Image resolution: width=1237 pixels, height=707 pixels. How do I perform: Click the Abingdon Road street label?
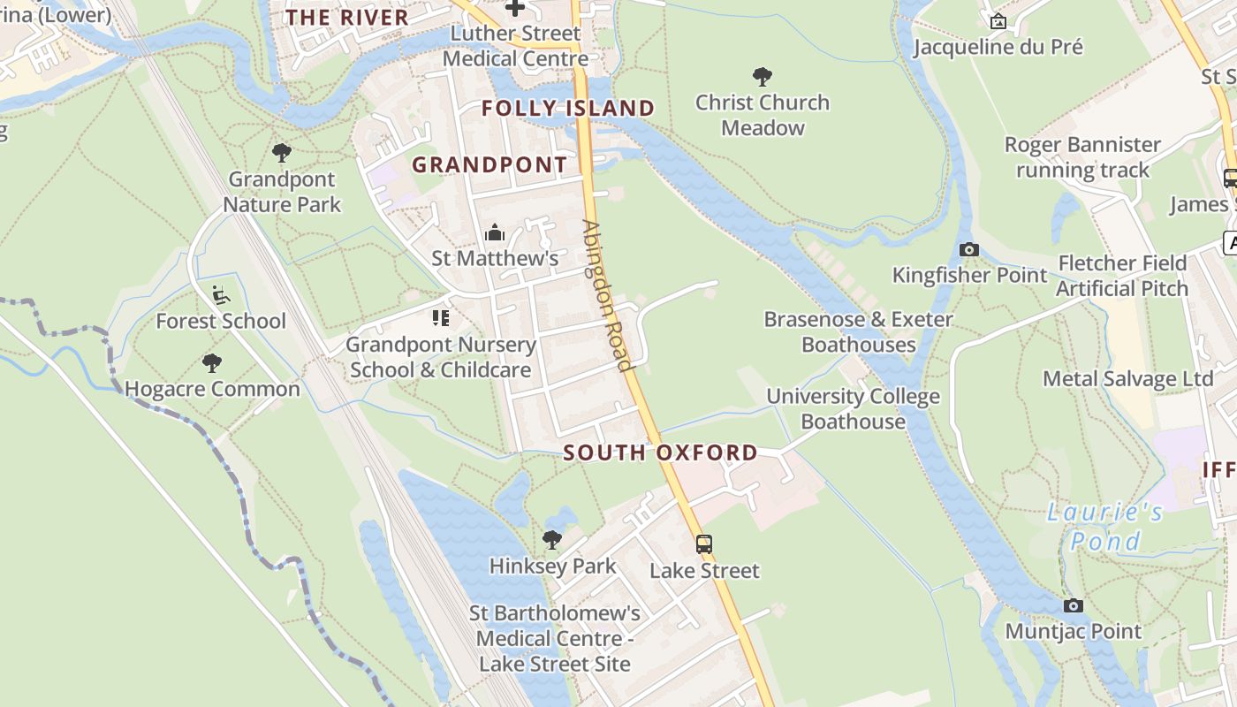608,295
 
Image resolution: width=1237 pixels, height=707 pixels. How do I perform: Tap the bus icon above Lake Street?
703,544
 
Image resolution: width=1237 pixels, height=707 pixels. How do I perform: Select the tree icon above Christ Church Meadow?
762,77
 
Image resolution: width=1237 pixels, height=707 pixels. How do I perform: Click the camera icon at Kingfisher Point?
969,249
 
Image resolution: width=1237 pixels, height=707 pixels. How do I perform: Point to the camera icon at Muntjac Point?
1074,605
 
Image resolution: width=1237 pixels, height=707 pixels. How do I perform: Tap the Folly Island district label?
568,109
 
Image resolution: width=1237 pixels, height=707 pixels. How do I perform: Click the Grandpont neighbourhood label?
489,165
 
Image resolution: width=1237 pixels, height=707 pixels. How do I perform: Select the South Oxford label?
661,452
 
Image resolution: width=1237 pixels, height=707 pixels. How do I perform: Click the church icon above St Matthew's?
495,232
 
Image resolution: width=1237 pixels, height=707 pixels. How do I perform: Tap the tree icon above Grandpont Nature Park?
282,153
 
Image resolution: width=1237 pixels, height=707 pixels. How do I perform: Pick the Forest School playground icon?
221,295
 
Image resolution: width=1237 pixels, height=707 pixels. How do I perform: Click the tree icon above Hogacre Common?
212,362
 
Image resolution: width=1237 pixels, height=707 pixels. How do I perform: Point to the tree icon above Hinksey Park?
552,539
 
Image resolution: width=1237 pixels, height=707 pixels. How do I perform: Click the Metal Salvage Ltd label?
1128,379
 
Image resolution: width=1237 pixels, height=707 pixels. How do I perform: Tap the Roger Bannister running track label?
1082,157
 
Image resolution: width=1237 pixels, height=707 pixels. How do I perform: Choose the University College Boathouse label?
853,409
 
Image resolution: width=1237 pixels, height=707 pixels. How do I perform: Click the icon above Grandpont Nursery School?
440,318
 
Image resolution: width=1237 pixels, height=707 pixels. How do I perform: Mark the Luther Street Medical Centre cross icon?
514,8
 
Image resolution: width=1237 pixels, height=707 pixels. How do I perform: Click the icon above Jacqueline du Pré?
998,21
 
